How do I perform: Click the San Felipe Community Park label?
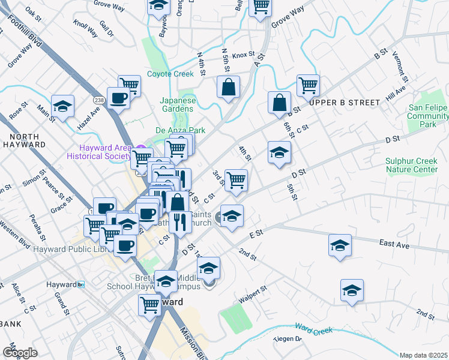click(x=427, y=116)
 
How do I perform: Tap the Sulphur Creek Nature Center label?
click(x=411, y=165)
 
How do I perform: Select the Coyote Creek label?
click(x=170, y=74)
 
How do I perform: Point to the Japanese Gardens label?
click(x=178, y=105)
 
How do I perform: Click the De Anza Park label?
click(x=181, y=130)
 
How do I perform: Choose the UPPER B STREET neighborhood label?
click(x=345, y=103)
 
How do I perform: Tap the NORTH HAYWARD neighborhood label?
click(x=25, y=140)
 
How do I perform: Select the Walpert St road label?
click(x=252, y=295)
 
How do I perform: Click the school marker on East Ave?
click(x=340, y=246)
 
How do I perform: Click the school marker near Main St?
click(x=62, y=106)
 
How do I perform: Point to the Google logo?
click(x=20, y=353)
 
